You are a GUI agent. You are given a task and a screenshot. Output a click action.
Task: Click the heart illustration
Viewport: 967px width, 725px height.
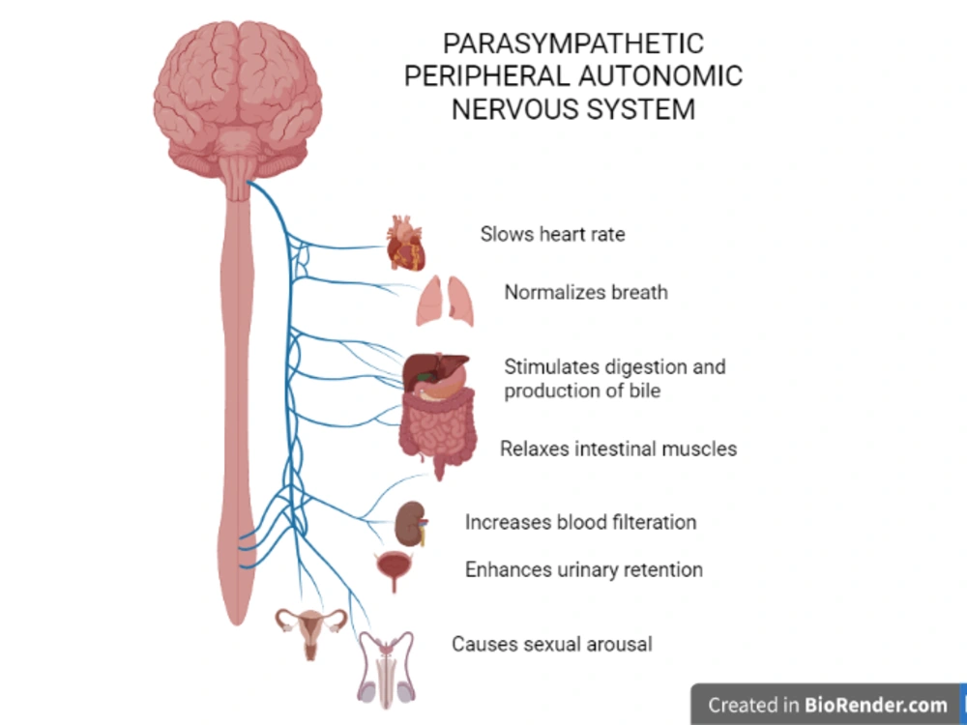pos(406,244)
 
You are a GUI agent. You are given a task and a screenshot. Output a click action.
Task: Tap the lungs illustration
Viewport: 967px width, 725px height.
pos(445,301)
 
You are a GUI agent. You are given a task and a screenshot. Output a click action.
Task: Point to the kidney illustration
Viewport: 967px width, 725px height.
pos(411,524)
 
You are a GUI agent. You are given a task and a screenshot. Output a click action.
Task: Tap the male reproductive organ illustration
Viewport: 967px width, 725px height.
pos(386,669)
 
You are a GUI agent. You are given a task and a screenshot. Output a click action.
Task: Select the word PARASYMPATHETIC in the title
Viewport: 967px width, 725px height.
pos(572,43)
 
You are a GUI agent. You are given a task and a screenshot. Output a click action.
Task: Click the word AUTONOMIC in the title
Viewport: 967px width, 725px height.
pos(659,76)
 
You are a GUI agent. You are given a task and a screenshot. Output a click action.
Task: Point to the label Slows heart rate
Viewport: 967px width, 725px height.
pos(552,234)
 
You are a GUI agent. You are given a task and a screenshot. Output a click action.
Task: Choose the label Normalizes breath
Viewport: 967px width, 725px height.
pos(586,292)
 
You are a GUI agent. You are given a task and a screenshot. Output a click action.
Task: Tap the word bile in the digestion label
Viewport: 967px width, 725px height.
pos(642,391)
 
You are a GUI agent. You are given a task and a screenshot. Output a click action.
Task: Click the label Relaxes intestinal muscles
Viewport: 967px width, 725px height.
pos(619,449)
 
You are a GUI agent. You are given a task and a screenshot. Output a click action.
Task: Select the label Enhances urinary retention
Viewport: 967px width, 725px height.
pos(584,569)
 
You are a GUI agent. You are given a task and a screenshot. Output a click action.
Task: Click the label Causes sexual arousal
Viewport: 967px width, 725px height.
pos(552,644)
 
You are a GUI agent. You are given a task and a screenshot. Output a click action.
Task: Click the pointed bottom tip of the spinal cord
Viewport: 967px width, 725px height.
pos(238,623)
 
